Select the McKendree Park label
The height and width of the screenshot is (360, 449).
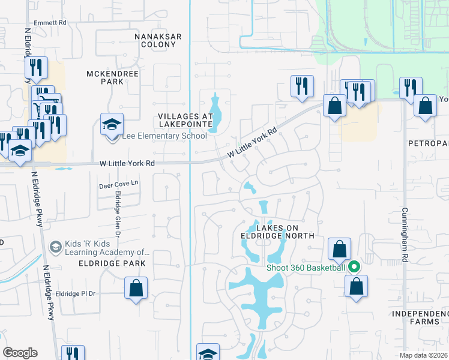point(113,77)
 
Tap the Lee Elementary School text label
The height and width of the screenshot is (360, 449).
point(164,136)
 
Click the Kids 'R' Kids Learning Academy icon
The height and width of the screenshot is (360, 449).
point(55,247)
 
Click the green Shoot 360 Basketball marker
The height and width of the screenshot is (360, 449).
point(354,267)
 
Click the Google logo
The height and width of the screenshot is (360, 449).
point(20,353)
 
